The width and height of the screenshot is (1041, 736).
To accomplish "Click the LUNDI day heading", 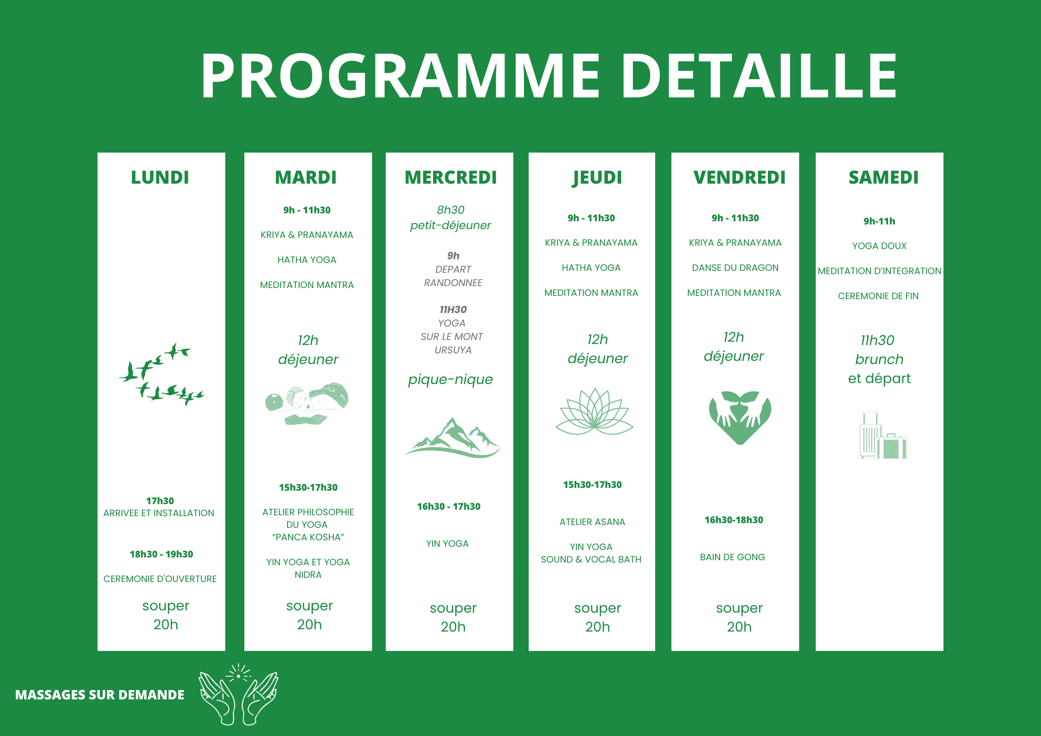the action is point(160,177).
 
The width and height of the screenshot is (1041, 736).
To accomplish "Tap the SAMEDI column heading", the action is point(883,177).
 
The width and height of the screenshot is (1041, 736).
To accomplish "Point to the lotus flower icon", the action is point(594,411).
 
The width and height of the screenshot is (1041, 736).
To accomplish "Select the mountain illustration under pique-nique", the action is point(453,437).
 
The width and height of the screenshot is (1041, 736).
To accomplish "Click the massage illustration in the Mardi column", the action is point(307,403).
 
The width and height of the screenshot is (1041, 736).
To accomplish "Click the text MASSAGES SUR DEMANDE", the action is point(100,695).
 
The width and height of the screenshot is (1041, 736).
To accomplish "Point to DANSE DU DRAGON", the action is point(735,268).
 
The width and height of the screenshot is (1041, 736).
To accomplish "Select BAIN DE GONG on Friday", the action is point(733,557).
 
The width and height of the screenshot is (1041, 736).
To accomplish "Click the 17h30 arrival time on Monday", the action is point(160,501).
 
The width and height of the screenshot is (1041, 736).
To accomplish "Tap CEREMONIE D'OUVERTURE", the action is point(160,579).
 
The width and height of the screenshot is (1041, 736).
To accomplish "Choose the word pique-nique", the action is point(450,380).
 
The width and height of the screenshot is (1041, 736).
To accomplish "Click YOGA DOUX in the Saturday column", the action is point(879,246).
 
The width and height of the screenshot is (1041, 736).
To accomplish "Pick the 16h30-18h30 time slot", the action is point(734,520).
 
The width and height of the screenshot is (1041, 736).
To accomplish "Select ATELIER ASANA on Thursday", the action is point(592,522).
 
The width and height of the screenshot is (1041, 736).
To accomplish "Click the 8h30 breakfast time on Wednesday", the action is point(450,210).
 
